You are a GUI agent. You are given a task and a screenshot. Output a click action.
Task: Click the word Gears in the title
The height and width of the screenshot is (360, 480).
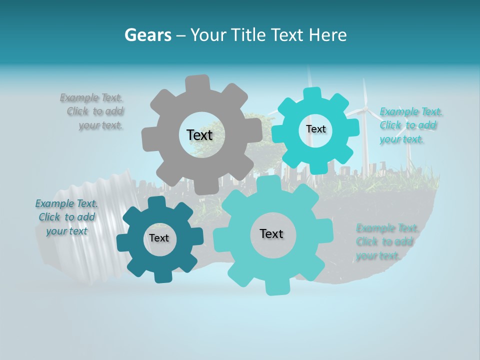(147, 35)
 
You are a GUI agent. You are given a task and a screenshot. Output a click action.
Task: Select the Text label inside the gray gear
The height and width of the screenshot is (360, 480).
(199, 135)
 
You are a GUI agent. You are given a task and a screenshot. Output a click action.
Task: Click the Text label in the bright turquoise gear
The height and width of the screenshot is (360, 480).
(315, 129)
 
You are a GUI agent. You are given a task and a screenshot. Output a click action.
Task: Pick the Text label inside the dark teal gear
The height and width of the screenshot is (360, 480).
(158, 238)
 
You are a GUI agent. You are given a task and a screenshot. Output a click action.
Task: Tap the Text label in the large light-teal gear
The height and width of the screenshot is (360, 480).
(271, 233)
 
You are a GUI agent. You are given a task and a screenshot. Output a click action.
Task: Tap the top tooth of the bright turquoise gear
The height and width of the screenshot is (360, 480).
(312, 93)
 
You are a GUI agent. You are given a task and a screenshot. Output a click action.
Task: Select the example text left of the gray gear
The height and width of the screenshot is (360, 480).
(92, 111)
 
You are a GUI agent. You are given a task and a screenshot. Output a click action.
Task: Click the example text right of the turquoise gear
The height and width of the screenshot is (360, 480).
(410, 125)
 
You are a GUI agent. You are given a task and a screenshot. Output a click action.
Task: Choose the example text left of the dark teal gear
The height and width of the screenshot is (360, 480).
(66, 217)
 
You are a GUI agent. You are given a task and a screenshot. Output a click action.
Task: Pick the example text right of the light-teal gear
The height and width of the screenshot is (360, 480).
(386, 242)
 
